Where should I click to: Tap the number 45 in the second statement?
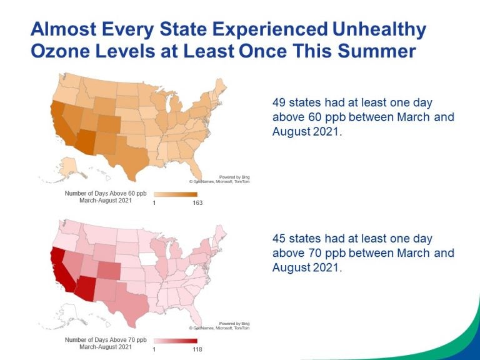pyautogui.click(x=280, y=239)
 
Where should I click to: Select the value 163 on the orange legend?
pyautogui.click(x=197, y=202)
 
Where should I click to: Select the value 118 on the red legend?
pyautogui.click(x=197, y=348)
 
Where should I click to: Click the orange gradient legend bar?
pyautogui.click(x=176, y=194)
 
